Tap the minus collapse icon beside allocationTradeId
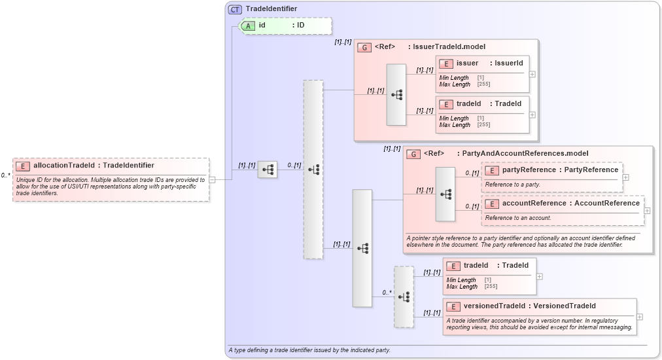point(212,179)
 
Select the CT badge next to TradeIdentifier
point(235,9)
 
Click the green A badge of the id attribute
point(249,26)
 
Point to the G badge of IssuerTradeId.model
point(364,47)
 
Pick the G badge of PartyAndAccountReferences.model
point(413,154)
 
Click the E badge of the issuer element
point(446,63)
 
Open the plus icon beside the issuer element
point(532,73)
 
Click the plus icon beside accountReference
point(648,210)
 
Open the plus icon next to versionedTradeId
point(640,317)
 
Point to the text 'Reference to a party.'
point(513,185)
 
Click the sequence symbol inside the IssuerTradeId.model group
point(396,94)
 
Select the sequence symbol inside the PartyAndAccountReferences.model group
point(445,194)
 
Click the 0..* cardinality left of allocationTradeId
point(5,175)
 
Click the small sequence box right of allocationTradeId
point(268,170)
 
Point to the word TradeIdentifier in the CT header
point(271,9)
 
